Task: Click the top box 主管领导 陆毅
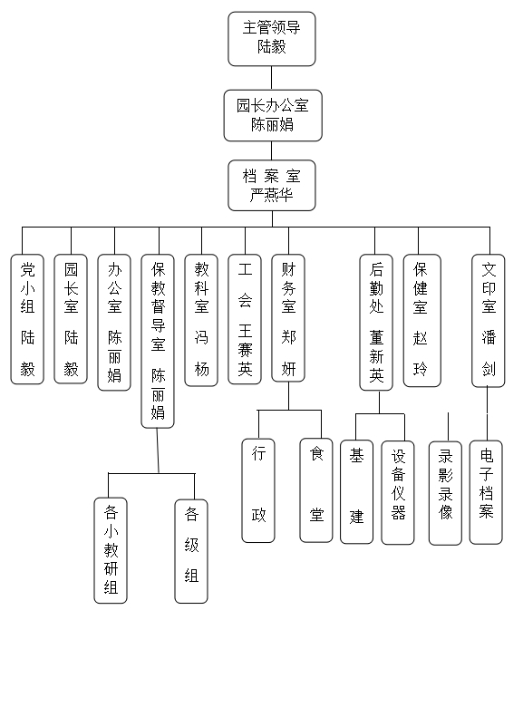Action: pos(271,39)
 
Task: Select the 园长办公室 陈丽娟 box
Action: pos(273,115)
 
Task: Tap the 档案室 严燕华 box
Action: pos(271,185)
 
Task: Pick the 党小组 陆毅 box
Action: pos(27,319)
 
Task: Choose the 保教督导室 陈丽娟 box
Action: pos(158,341)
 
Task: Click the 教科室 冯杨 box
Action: pos(201,320)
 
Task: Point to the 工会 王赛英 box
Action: pos(245,319)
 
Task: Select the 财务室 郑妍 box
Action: pos(288,318)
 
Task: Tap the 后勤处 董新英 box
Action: pos(376,323)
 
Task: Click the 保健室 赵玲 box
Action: pos(422,321)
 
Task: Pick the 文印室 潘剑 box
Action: pos(489,321)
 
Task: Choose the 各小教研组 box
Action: pos(111,550)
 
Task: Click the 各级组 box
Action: pos(191,551)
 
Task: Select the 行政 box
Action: pos(258,490)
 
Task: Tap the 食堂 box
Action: pos(316,490)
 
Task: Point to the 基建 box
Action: pos(356,492)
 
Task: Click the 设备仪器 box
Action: pos(398,493)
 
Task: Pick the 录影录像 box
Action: pos(445,493)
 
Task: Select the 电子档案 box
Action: pos(486,492)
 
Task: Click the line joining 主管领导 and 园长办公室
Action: pos(271,78)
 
